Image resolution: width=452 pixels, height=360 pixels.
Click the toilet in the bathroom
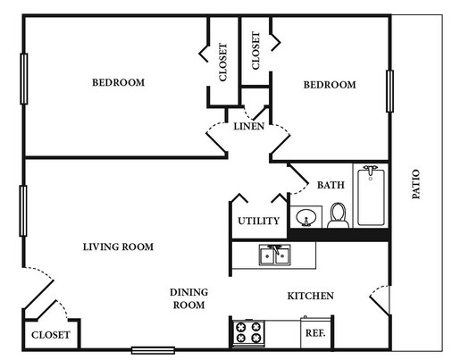click(x=337, y=215)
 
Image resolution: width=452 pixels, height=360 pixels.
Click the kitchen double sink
click(x=273, y=255)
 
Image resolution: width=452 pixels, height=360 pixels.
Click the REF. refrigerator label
click(x=314, y=333)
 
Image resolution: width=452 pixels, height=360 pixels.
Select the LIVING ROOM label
click(x=118, y=247)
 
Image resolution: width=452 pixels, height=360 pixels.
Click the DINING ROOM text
click(x=188, y=298)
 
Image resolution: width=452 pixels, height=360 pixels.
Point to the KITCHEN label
click(x=310, y=296)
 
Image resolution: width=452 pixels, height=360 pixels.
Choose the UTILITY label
click(x=259, y=221)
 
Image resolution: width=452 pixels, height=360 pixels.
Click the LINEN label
click(x=248, y=127)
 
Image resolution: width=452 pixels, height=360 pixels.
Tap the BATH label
click(x=331, y=185)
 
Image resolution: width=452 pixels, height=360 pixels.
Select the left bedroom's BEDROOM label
click(x=118, y=83)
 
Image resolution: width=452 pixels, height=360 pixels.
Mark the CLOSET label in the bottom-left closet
click(x=51, y=335)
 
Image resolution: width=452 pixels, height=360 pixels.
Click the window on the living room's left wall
click(x=24, y=210)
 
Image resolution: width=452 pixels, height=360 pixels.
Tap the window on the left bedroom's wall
click(x=24, y=79)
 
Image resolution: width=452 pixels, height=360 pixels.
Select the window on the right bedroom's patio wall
click(x=389, y=91)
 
